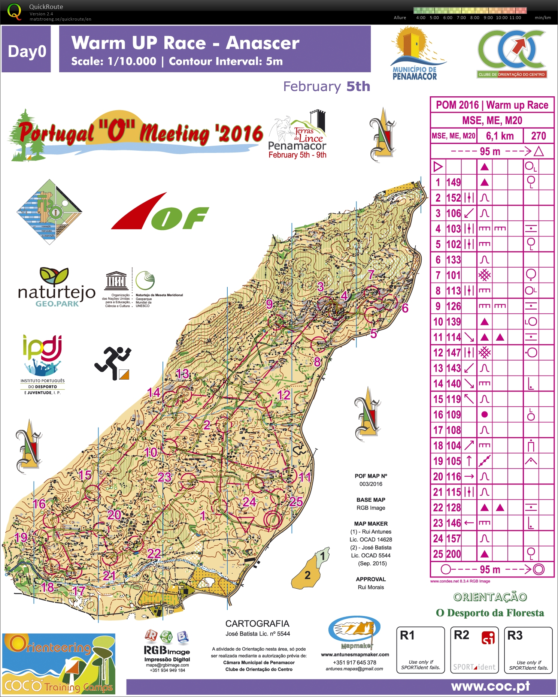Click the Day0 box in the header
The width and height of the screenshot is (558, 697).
tap(27, 51)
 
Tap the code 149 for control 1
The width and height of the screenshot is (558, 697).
tap(454, 182)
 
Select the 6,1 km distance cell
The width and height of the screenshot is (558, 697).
tap(500, 136)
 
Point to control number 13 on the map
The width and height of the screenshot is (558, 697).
tap(183, 374)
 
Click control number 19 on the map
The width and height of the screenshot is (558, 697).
tap(21, 537)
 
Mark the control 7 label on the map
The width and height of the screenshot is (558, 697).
tap(371, 275)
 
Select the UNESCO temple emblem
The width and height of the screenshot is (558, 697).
tap(116, 280)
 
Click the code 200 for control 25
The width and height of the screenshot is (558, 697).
tap(454, 554)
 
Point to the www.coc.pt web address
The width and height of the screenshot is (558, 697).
tap(491, 687)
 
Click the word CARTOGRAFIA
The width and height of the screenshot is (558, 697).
tap(257, 624)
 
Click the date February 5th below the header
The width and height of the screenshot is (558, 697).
tap(327, 87)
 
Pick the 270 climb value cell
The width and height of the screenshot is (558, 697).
tap(539, 136)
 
